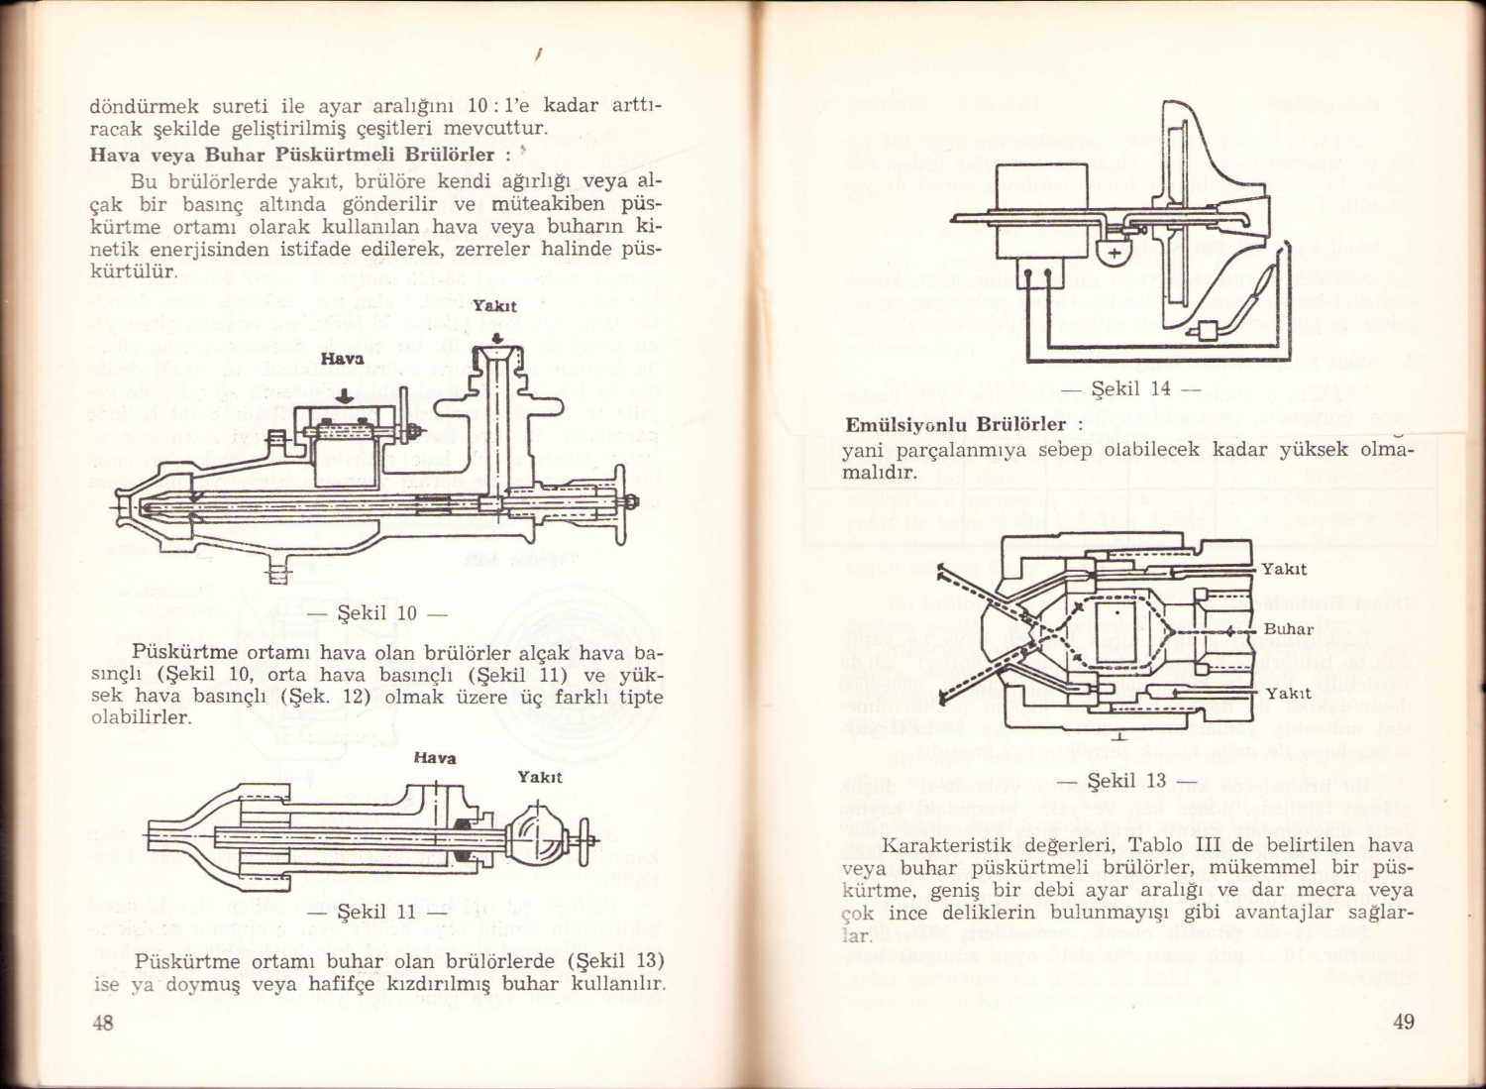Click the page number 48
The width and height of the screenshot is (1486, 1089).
pyautogui.click(x=103, y=1024)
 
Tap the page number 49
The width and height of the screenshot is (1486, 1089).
pyautogui.click(x=1404, y=1023)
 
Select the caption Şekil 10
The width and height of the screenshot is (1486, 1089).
pyautogui.click(x=377, y=612)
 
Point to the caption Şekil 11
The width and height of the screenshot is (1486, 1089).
pyautogui.click(x=377, y=911)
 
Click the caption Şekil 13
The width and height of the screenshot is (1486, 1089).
pyautogui.click(x=1126, y=781)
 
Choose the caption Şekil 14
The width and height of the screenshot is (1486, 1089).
pyautogui.click(x=1130, y=388)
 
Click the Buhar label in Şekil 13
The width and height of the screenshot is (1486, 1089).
pyautogui.click(x=1288, y=629)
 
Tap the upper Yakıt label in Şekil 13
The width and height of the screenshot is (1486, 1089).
pyautogui.click(x=1284, y=569)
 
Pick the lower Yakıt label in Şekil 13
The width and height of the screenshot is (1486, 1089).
pyautogui.click(x=1288, y=693)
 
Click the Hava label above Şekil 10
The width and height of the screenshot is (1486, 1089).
pyautogui.click(x=342, y=359)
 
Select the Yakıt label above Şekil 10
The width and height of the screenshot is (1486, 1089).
pyautogui.click(x=494, y=307)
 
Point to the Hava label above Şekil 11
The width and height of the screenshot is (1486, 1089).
pyautogui.click(x=434, y=758)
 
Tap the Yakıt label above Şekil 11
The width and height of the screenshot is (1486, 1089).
pyautogui.click(x=540, y=777)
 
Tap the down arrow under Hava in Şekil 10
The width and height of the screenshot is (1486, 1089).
pyautogui.click(x=342, y=394)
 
